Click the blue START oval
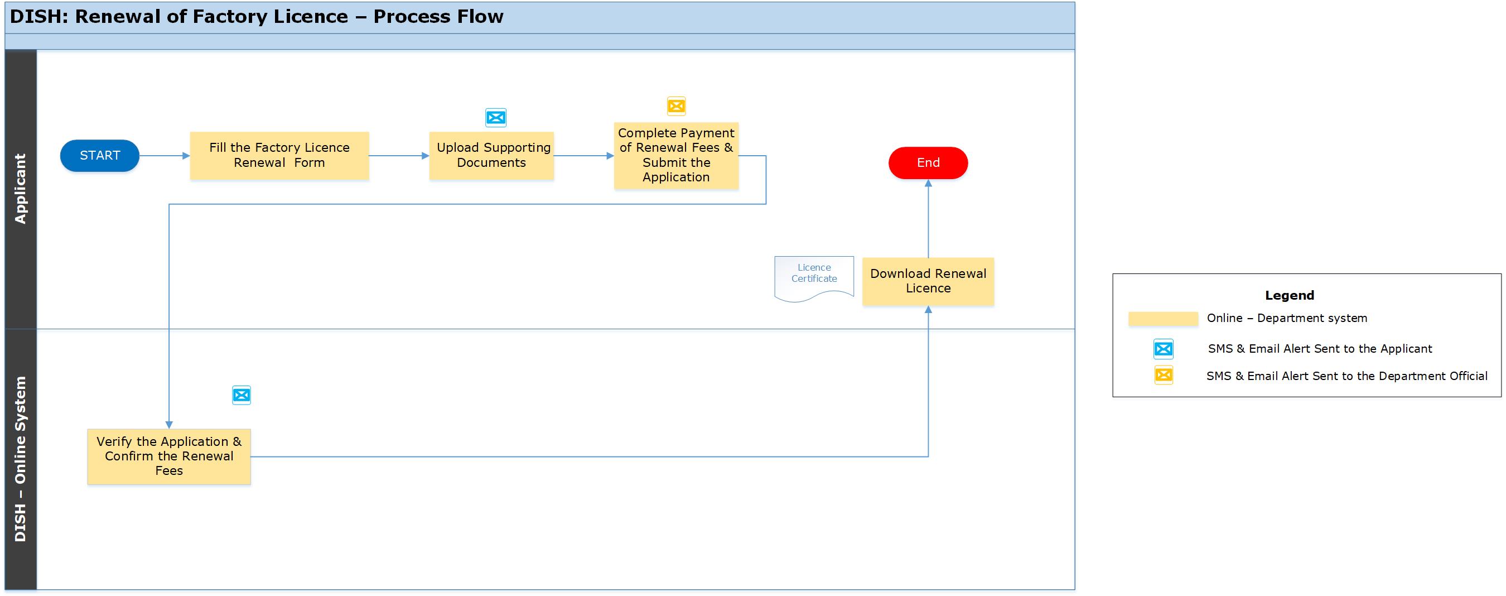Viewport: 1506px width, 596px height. coord(99,156)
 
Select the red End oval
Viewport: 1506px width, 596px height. coord(928,162)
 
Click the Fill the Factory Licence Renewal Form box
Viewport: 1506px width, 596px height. coord(279,156)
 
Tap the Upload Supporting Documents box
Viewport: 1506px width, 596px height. coord(491,156)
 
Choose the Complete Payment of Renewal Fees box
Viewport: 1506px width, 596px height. coord(676,156)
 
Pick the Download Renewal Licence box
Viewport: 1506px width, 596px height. coord(928,281)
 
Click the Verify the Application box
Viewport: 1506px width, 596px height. coord(169,456)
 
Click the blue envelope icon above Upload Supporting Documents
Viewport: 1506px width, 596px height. coord(496,118)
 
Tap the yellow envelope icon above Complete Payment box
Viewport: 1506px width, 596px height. coord(677,106)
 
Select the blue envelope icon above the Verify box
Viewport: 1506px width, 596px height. coord(242,396)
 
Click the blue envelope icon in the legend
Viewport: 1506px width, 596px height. coord(1164,349)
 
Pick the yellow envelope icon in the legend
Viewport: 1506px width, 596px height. coord(1164,375)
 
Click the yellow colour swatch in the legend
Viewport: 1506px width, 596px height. coord(1163,319)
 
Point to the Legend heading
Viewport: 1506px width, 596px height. coord(1289,295)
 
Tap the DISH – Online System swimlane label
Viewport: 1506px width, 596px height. coord(21,459)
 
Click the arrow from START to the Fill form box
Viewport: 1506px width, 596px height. coord(165,156)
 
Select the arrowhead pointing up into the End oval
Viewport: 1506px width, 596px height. coord(928,183)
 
